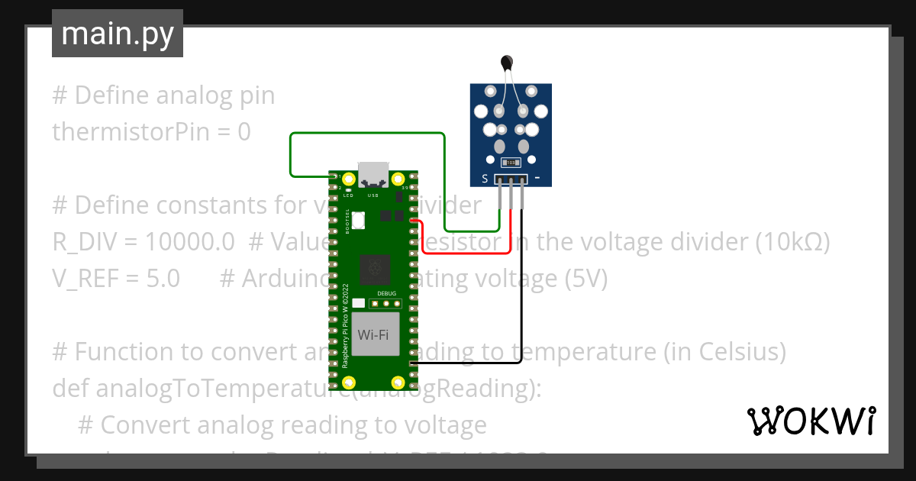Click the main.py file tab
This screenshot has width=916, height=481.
(117, 34)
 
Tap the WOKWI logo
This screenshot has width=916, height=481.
(810, 421)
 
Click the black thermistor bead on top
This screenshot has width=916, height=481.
(505, 62)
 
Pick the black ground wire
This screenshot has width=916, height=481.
(522, 305)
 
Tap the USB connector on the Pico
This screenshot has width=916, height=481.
(374, 175)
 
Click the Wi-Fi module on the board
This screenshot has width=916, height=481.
(376, 334)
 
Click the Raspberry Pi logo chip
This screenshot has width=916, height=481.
(374, 268)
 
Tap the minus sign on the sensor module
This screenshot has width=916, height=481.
(538, 179)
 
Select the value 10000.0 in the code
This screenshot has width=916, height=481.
(189, 242)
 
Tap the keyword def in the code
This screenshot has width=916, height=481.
(70, 389)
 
